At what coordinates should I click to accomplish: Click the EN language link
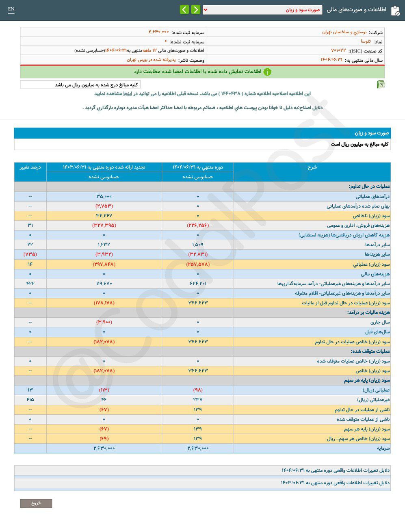pos(11,9)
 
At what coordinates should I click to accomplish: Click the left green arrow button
pos(184,9)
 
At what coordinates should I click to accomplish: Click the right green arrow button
pos(195,9)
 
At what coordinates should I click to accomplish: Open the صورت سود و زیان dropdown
pos(262,10)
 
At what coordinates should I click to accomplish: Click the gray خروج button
pos(36,503)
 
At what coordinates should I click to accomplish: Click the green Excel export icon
pos(381,84)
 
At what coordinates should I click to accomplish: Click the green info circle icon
pos(267,72)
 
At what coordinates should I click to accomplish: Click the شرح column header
pos(312,167)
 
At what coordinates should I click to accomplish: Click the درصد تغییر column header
pos(30,167)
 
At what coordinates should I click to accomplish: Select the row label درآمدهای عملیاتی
pos(371,197)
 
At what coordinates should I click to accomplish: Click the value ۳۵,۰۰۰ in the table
pos(104,197)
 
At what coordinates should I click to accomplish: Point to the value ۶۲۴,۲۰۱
pos(198,283)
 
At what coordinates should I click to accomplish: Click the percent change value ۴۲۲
pos(30,283)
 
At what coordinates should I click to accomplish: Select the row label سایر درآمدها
pos(377,245)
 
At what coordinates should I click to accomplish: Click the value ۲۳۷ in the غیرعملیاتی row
pos(198,399)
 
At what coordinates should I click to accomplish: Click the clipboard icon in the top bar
pos(395,11)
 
